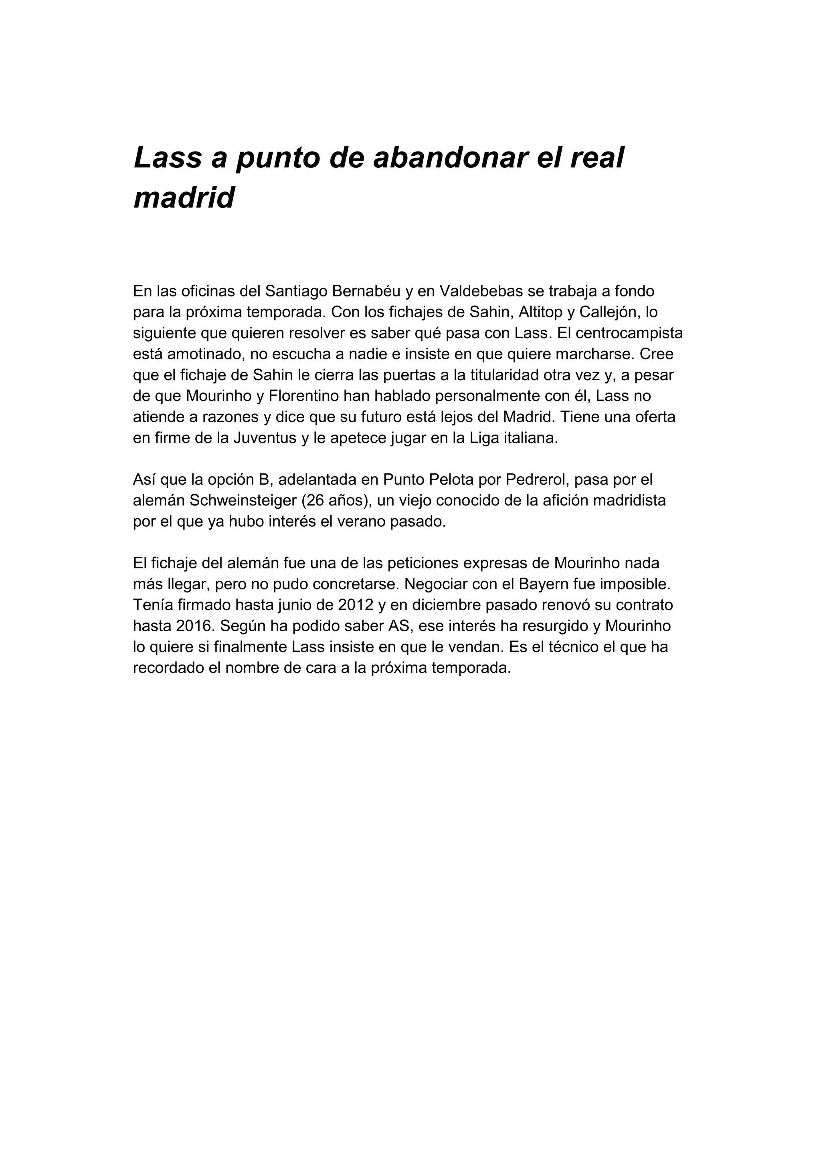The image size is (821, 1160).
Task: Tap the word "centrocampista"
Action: pyautogui.click(x=629, y=333)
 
